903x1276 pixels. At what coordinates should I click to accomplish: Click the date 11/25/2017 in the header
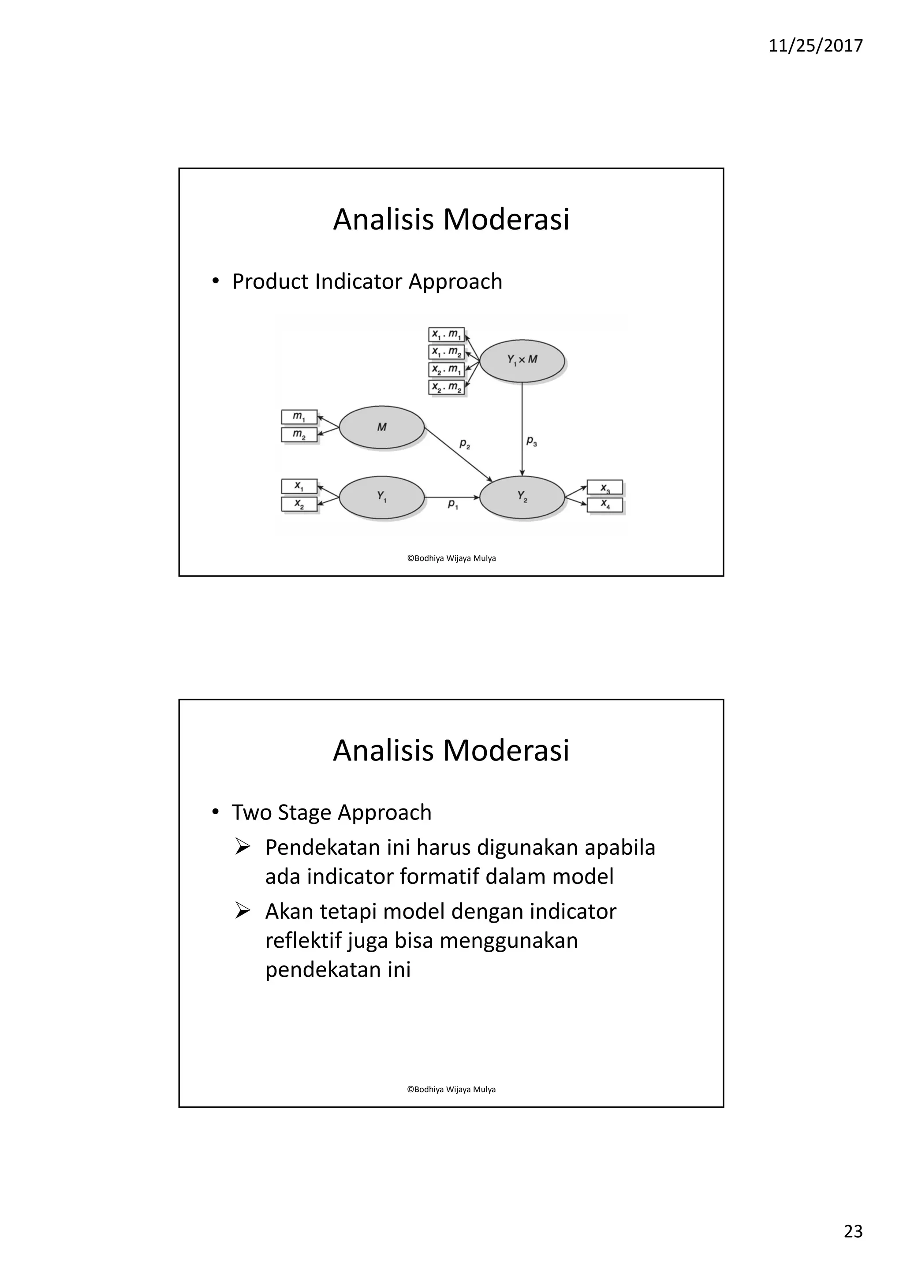click(x=815, y=45)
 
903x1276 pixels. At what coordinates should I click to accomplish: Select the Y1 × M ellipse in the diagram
click(x=522, y=361)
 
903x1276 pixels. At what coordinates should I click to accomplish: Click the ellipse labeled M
click(x=381, y=427)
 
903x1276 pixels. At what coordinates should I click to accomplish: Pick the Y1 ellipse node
click(x=381, y=497)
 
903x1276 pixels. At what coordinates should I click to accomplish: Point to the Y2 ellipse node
click(x=522, y=497)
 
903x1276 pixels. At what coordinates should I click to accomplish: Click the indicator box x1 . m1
click(x=447, y=334)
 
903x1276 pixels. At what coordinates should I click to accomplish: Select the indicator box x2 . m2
click(x=447, y=387)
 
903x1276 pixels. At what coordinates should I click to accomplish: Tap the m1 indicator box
click(x=299, y=417)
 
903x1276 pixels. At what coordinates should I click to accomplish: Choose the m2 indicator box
click(x=299, y=434)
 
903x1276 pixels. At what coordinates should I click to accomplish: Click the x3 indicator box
click(x=605, y=487)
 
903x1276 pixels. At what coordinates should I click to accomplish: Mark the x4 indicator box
click(x=605, y=505)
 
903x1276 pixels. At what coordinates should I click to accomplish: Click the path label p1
click(x=453, y=504)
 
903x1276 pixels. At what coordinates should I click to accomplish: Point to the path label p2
click(x=465, y=444)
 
